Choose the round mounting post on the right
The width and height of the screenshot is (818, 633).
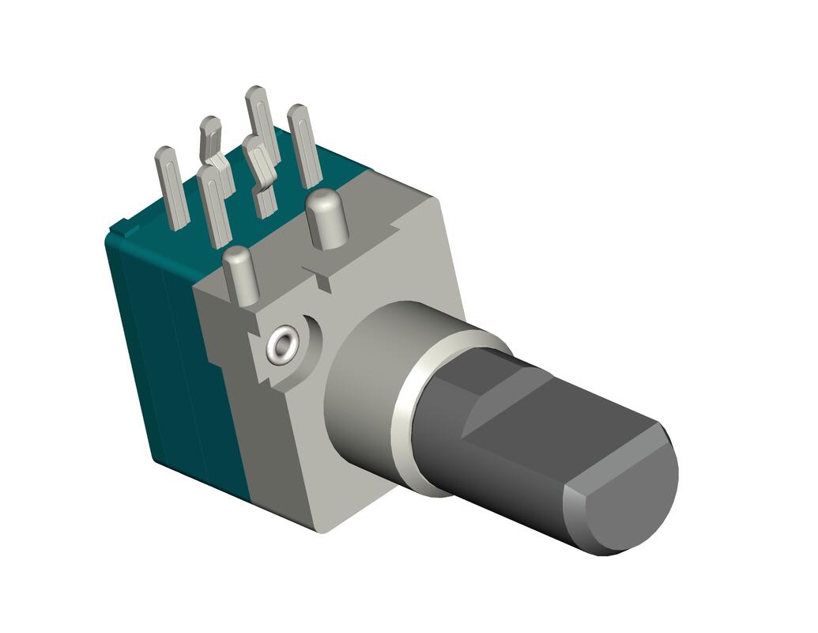(327, 218)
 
